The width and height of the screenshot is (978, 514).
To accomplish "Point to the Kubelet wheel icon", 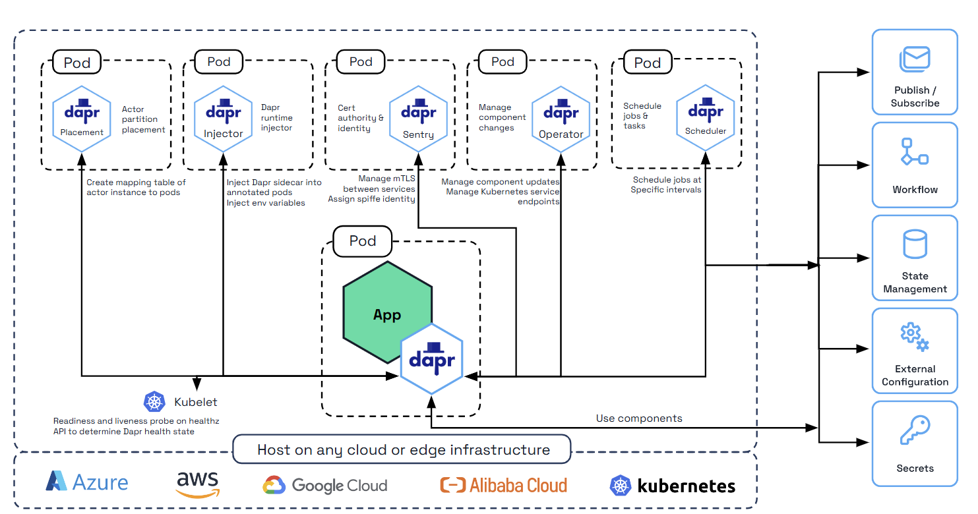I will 154,402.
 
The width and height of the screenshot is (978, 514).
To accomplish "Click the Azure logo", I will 87,482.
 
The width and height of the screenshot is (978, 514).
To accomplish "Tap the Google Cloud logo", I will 325,486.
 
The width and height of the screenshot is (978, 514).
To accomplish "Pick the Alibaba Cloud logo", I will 503,486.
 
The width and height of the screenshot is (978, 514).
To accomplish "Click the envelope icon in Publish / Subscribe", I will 915,59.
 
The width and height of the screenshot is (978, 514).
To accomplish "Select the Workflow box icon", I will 915,152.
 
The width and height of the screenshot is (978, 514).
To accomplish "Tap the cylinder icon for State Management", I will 915,244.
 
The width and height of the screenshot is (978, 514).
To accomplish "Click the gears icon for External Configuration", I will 915,337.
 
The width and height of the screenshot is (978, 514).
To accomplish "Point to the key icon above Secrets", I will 915,430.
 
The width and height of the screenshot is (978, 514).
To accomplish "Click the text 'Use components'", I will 639,418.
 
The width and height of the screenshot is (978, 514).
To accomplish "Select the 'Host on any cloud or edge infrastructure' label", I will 403,450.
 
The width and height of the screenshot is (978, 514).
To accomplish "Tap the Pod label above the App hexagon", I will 362,241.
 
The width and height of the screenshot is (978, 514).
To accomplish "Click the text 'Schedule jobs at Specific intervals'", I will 666,185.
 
